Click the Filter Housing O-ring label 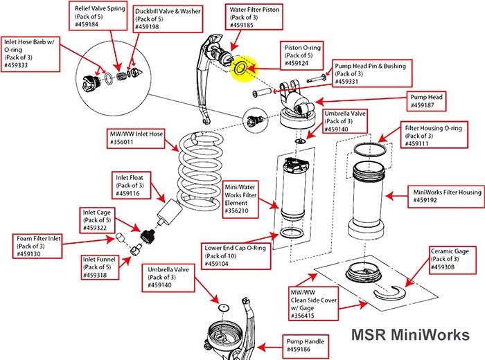click(x=432, y=136)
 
